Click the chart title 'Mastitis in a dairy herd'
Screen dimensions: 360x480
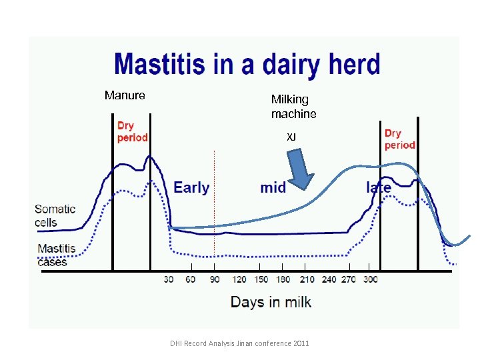[247, 65]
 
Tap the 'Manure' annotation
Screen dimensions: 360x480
[125, 95]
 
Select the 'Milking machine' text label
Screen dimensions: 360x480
[293, 107]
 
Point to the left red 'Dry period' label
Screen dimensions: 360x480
[132, 131]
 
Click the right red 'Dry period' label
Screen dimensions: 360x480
[399, 139]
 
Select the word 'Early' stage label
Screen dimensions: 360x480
[191, 187]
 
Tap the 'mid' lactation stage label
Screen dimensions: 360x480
[273, 187]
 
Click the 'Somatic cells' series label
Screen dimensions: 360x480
[55, 215]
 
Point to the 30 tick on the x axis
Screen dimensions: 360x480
[169, 279]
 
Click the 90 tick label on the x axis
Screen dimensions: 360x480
[215, 279]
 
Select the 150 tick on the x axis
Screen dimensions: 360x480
[262, 279]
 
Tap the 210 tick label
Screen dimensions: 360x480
[307, 279]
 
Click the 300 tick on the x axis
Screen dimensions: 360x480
[370, 279]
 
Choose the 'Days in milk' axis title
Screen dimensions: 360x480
[271, 302]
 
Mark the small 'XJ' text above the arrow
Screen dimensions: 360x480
[291, 137]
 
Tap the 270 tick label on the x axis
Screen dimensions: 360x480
[349, 279]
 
